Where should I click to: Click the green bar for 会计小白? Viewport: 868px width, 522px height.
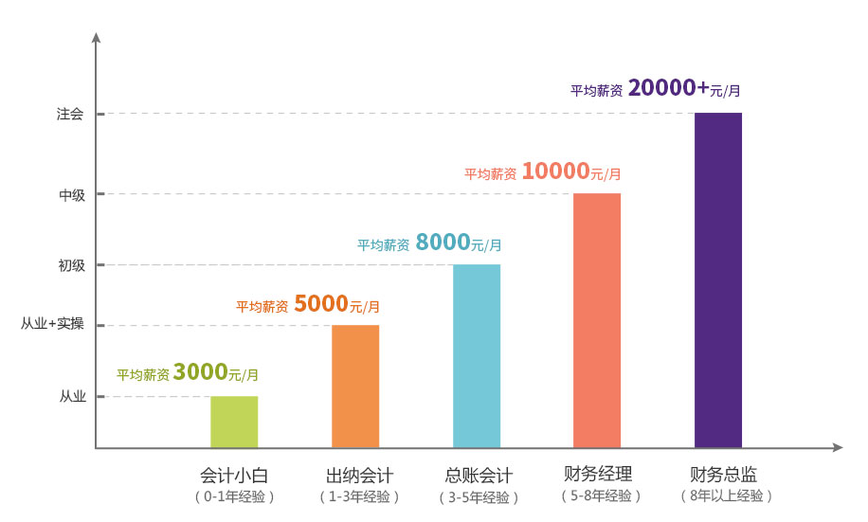[x=234, y=422]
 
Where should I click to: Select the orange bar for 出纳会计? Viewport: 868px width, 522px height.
[x=355, y=387]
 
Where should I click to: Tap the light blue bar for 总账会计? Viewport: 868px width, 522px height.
[x=477, y=356]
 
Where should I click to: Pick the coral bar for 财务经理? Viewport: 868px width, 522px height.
[x=597, y=320]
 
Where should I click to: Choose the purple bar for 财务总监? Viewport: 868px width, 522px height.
[x=718, y=279]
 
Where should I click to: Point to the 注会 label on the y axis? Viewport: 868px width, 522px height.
[x=70, y=115]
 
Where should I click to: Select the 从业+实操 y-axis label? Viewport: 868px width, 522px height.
[x=53, y=325]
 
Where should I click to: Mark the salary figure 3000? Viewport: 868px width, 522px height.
[x=200, y=372]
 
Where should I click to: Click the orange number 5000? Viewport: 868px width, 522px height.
[x=321, y=304]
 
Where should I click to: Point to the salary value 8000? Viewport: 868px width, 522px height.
[x=443, y=243]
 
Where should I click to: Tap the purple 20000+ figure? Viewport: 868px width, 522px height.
[x=668, y=88]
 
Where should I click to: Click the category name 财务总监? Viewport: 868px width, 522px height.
[x=724, y=475]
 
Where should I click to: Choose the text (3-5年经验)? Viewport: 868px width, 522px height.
[x=479, y=497]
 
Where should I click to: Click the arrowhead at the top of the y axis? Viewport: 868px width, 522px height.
[x=96, y=37]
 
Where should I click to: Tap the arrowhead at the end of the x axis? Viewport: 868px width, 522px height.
[x=838, y=447]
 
